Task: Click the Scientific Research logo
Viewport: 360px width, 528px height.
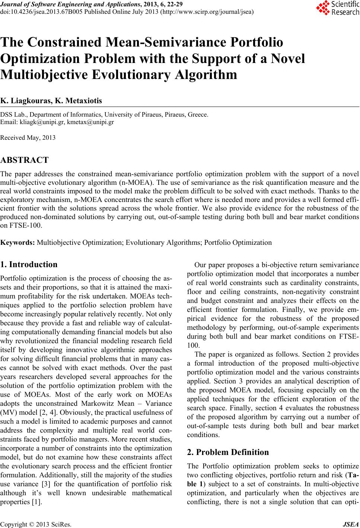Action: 337,8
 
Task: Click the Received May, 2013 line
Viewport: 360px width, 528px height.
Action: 28,138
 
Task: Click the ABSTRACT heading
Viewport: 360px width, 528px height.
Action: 25,160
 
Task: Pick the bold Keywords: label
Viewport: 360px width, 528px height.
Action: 18,243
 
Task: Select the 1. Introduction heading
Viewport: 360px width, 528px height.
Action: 29,265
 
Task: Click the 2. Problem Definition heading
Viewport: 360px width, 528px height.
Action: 227,452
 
